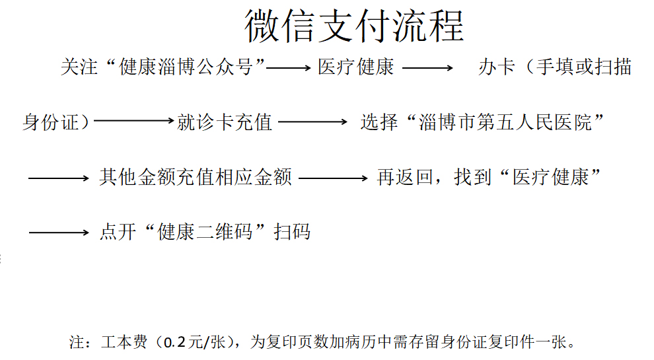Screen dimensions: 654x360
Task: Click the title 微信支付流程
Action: (354, 26)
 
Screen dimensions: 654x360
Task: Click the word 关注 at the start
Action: (79, 67)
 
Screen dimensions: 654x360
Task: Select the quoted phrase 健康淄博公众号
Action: (186, 67)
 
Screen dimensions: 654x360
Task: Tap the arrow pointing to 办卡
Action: (427, 67)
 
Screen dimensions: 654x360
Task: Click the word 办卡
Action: (497, 67)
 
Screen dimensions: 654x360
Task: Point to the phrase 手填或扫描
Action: (584, 67)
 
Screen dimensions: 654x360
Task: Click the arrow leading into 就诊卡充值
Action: (134, 121)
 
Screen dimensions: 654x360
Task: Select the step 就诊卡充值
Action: (225, 122)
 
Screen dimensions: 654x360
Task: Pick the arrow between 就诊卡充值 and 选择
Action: (313, 122)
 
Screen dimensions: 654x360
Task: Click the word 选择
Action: (379, 122)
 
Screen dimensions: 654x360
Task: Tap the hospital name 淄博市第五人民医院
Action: (505, 122)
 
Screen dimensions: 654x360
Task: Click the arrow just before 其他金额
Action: (59, 178)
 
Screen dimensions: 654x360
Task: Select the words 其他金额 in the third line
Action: (137, 177)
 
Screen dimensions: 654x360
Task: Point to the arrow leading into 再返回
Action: (333, 178)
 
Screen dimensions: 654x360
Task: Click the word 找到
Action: (473, 177)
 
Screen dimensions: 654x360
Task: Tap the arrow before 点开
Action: (59, 233)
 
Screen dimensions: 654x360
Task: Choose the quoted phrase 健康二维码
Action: (205, 231)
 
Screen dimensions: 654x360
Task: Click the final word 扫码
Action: (292, 231)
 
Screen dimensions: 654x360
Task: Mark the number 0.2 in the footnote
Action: (174, 342)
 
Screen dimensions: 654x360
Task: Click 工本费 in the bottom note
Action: (124, 342)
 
